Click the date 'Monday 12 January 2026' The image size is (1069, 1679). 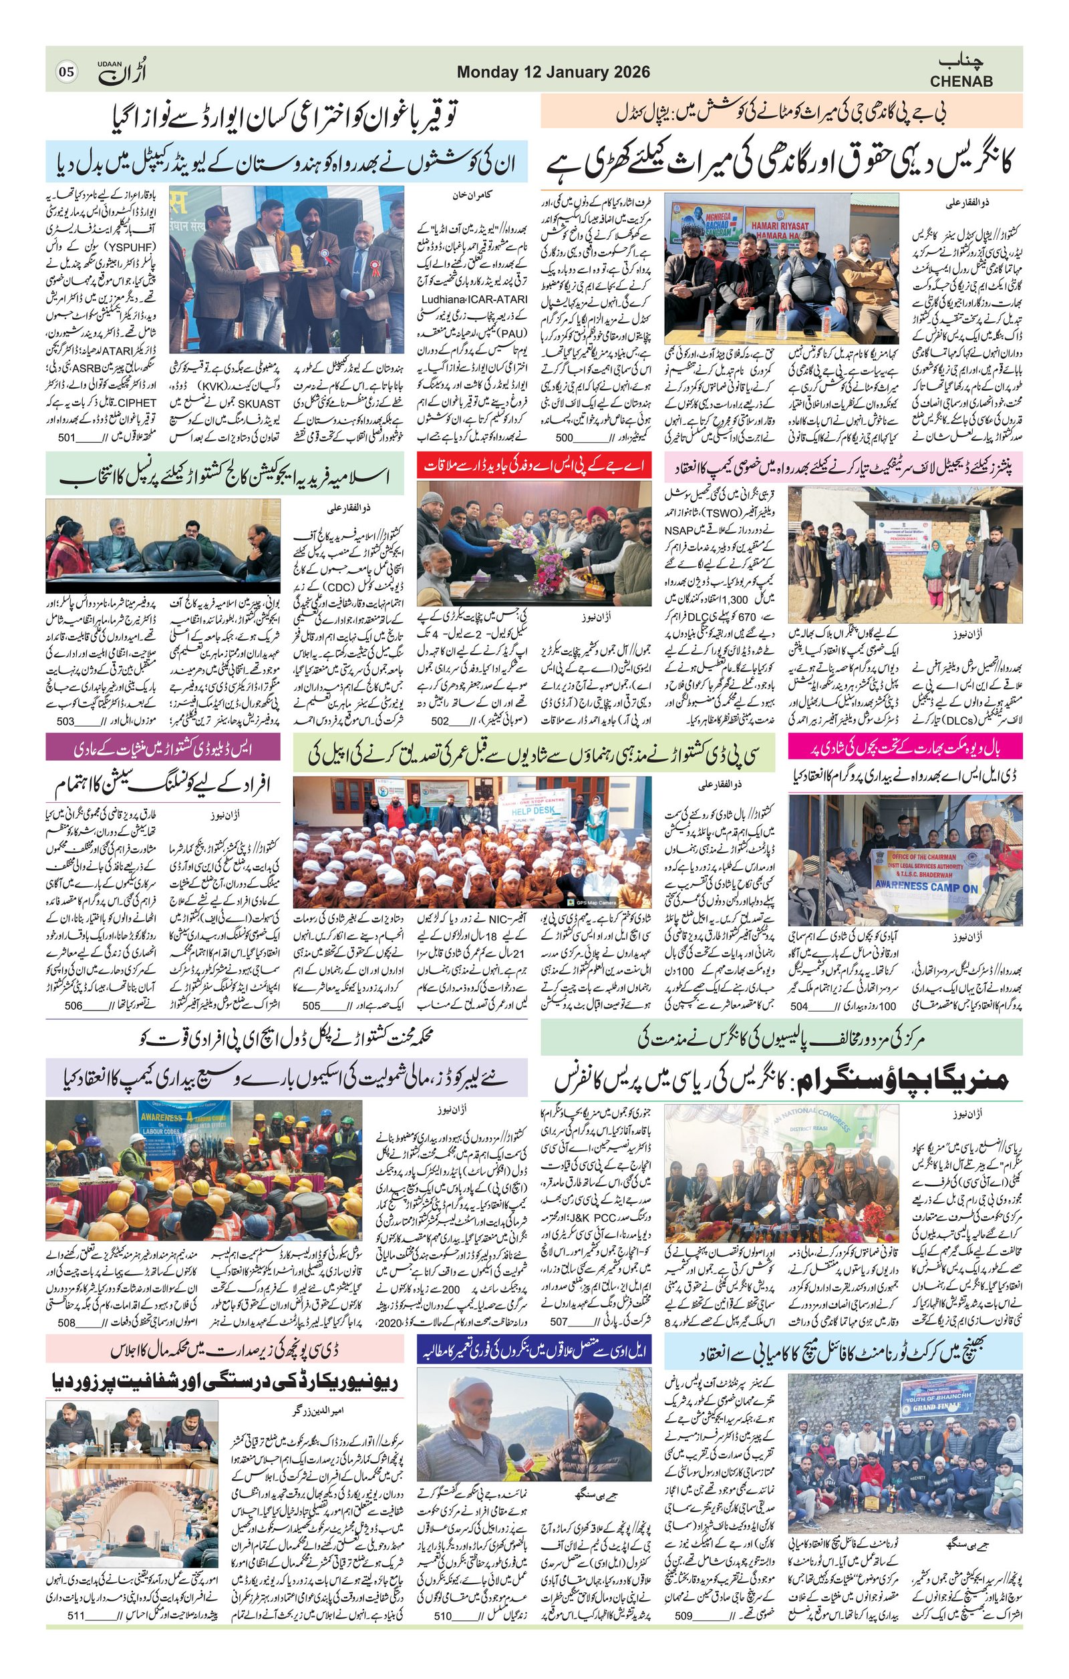pos(553,73)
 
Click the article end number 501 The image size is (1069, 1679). pos(67,438)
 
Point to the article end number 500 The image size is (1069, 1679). pos(564,438)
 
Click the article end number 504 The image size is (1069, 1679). pos(799,1006)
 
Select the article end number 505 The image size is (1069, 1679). pos(313,1006)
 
